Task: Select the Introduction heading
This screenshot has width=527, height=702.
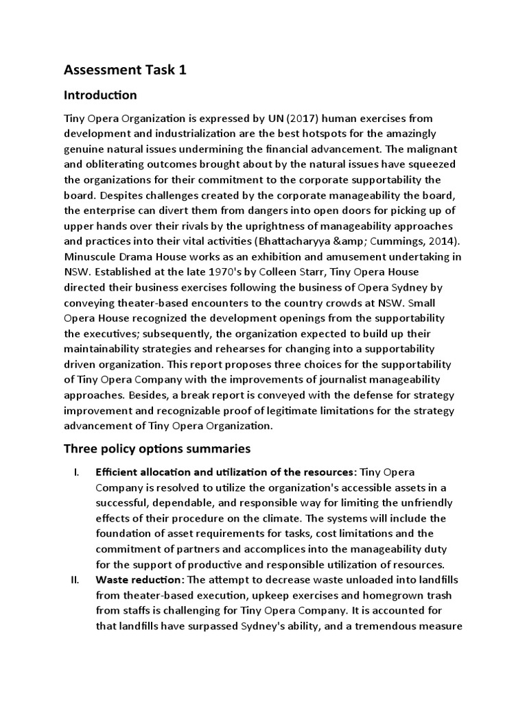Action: click(100, 95)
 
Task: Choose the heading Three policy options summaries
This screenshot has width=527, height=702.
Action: click(157, 449)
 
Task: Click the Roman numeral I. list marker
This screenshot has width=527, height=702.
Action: click(77, 472)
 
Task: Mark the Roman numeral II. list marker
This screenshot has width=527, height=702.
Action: click(75, 580)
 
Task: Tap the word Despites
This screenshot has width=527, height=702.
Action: click(113, 195)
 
